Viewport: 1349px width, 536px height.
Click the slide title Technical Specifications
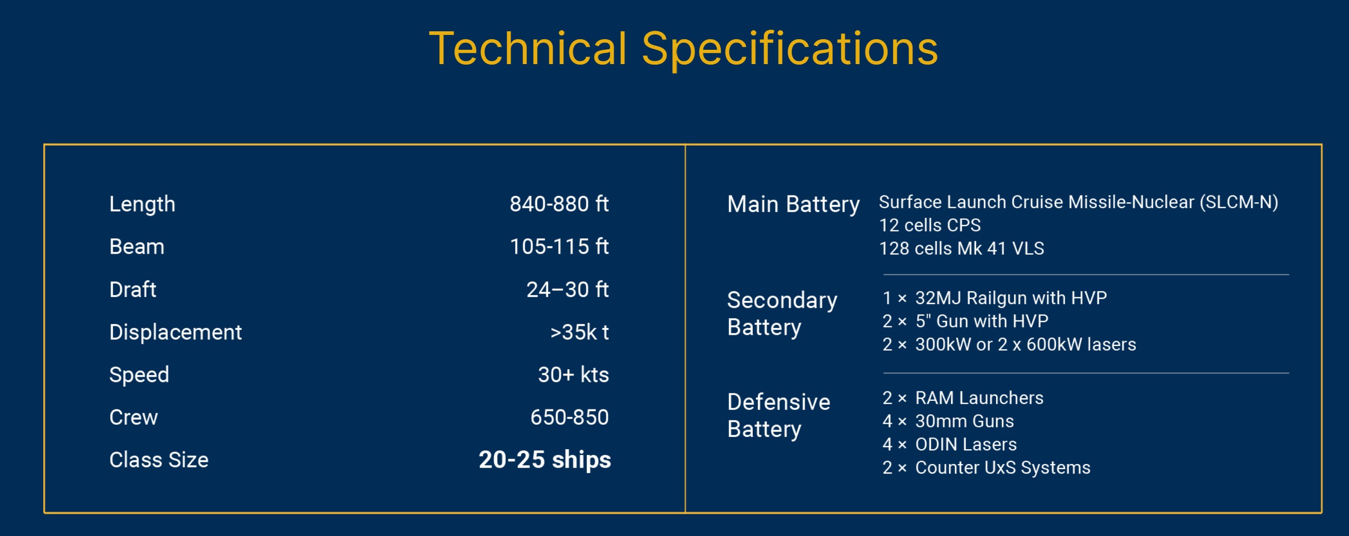(683, 49)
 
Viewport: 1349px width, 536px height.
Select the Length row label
(142, 204)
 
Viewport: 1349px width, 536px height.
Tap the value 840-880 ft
(559, 204)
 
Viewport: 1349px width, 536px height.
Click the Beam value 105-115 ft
(559, 246)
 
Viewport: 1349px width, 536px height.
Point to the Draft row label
(132, 290)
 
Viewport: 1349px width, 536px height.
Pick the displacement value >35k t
(579, 332)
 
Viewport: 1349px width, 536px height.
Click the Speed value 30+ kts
(573, 374)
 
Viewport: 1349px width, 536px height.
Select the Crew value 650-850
(569, 417)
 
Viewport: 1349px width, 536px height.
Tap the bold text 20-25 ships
(544, 460)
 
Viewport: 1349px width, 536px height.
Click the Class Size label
(159, 460)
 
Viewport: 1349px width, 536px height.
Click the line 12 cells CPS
(929, 225)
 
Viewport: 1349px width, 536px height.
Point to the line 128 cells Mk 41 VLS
(961, 248)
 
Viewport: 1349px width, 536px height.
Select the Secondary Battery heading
(782, 314)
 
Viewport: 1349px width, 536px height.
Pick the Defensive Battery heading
(779, 415)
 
